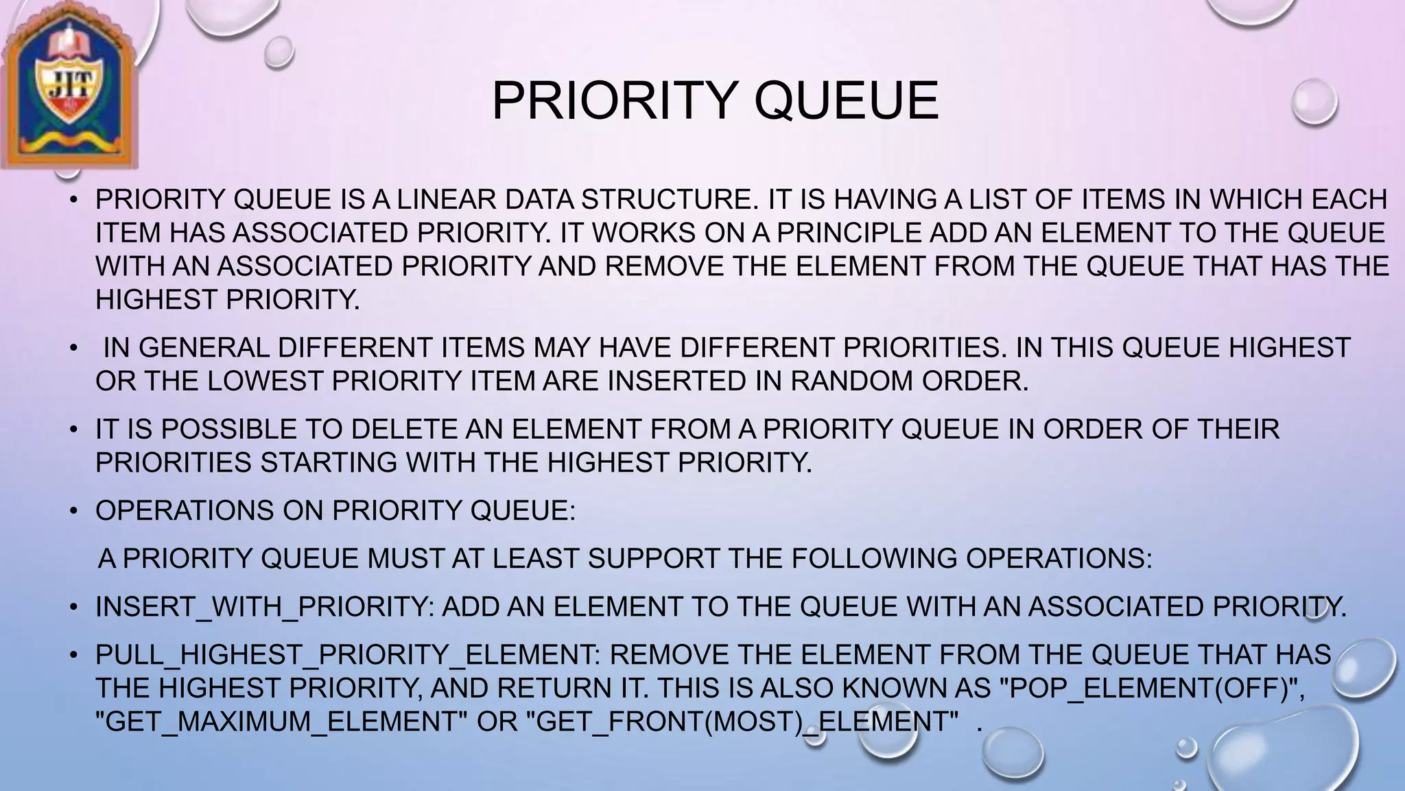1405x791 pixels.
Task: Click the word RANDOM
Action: pos(850,381)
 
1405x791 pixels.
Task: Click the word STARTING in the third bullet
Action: pos(329,463)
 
